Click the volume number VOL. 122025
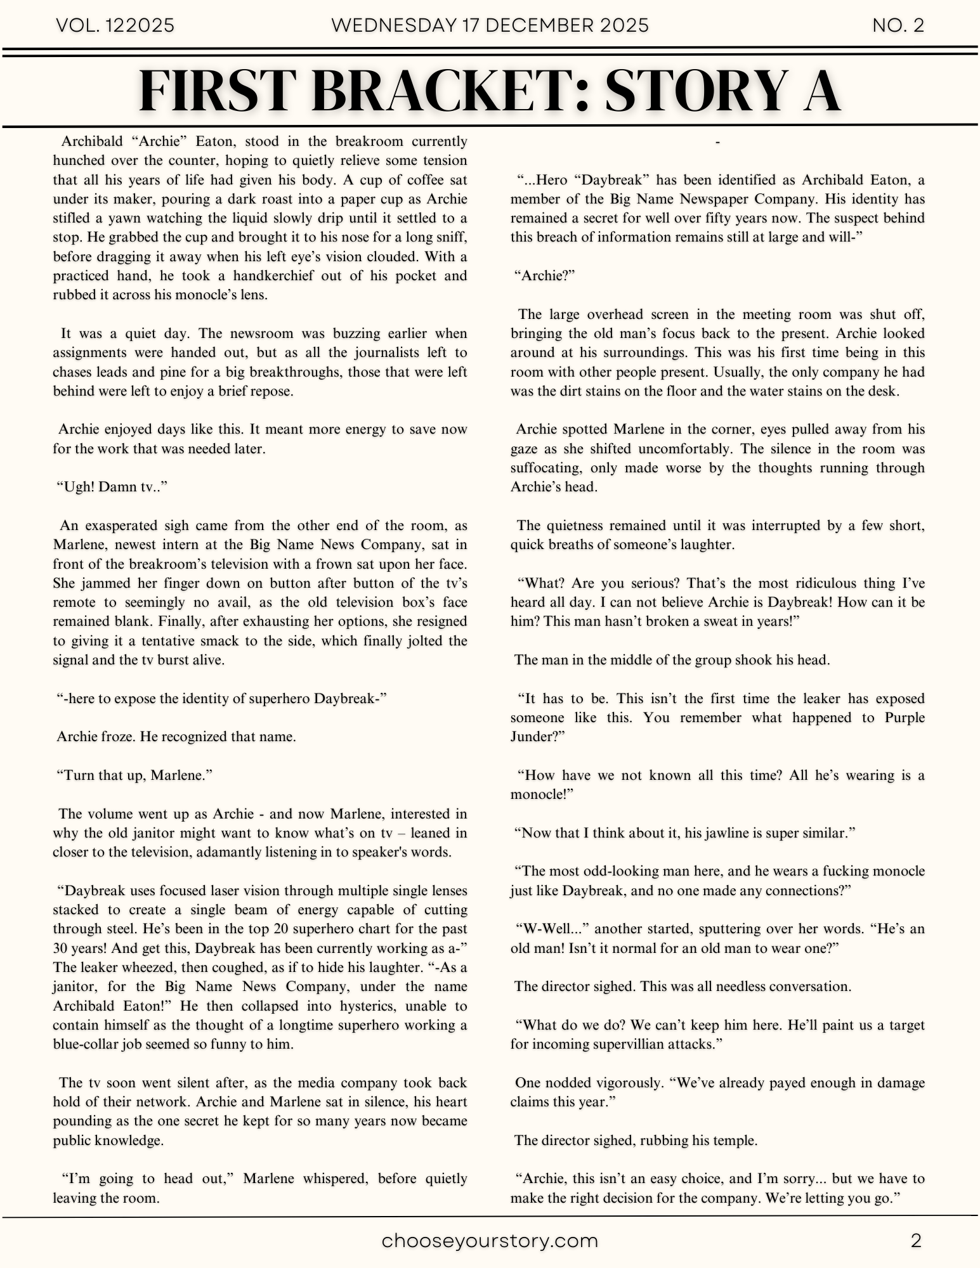[115, 25]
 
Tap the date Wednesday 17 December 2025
[490, 25]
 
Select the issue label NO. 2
[898, 25]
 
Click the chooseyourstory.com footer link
[490, 1241]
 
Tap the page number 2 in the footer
[915, 1241]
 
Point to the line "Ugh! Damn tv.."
[112, 487]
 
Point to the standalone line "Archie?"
[544, 276]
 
